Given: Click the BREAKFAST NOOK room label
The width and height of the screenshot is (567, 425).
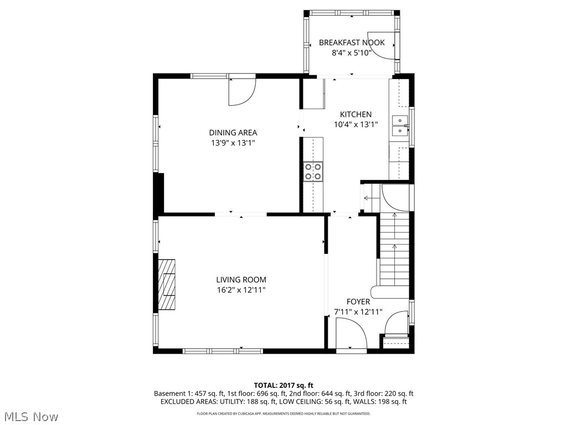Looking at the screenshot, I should click(352, 43).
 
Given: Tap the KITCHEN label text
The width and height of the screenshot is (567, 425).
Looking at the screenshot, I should click(355, 115).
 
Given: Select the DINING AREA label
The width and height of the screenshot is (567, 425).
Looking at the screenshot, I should click(233, 132).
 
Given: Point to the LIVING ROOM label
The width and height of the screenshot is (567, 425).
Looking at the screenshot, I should click(241, 279).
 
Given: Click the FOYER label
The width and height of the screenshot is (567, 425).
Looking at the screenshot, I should click(358, 302).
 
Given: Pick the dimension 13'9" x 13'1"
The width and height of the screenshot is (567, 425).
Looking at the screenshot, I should click(233, 143).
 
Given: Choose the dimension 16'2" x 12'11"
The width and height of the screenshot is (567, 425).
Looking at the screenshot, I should click(241, 290).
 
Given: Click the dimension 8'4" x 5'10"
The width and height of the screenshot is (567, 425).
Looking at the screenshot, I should click(351, 53).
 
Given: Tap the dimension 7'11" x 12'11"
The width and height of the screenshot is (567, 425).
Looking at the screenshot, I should click(358, 312).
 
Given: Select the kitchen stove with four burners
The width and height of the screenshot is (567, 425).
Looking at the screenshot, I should click(313, 171).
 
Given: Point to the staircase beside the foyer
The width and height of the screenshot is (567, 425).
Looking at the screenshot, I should click(394, 249).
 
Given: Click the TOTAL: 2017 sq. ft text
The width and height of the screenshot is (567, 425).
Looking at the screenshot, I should click(283, 385).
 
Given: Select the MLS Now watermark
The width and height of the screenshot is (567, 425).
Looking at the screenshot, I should click(31, 416).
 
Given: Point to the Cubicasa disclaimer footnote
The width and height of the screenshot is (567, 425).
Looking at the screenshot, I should click(283, 413).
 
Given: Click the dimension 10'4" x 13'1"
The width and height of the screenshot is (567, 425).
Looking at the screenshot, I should click(355, 125).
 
